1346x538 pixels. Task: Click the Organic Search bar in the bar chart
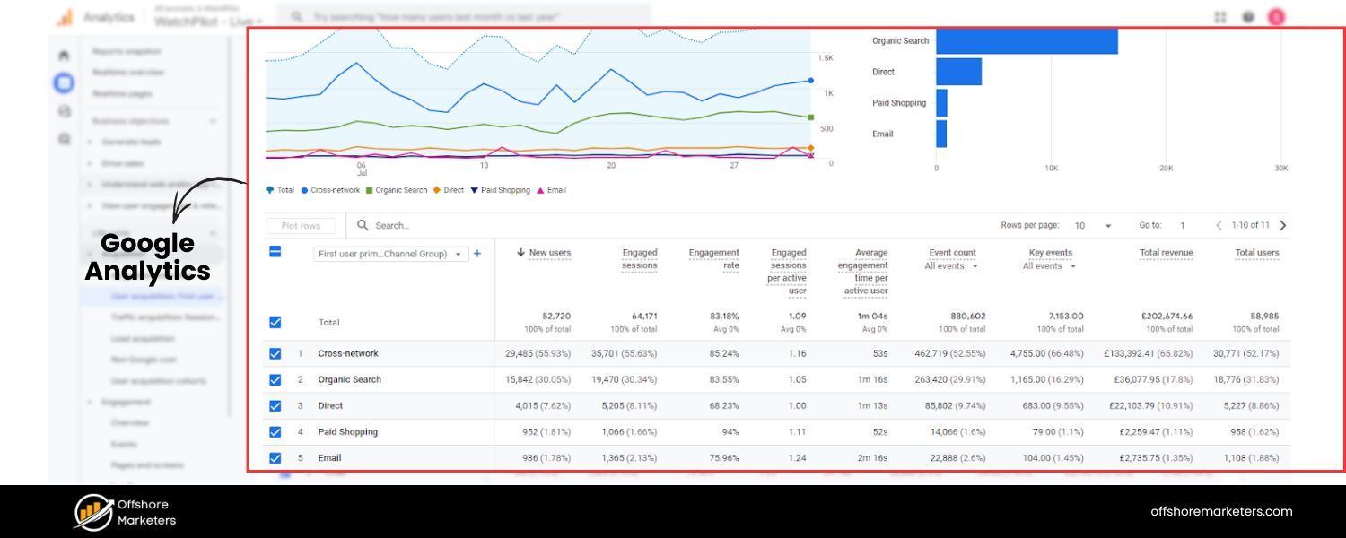(1027, 41)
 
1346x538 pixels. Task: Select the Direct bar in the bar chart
(958, 72)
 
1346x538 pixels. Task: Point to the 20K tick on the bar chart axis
(1166, 169)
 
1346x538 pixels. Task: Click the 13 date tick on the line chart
(484, 166)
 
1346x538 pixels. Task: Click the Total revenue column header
(1166, 253)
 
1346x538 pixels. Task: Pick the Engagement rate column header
(713, 259)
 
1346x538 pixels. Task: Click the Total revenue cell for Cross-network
(1148, 354)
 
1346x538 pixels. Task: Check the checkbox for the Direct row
(275, 406)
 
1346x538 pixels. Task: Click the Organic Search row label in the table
(349, 380)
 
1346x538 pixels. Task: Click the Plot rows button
(301, 226)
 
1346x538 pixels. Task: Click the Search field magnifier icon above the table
(363, 226)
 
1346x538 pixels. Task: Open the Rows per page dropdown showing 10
(1093, 226)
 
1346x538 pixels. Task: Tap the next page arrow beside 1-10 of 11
(1282, 226)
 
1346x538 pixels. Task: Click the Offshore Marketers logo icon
(92, 512)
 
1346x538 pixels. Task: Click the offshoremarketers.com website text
(1221, 512)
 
